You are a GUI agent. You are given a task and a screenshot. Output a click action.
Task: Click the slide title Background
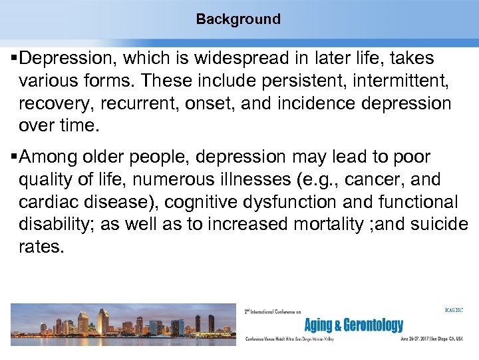click(x=238, y=19)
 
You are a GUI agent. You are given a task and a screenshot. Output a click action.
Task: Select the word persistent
click(x=243, y=81)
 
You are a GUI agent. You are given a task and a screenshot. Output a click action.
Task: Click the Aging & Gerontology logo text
click(x=353, y=325)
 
